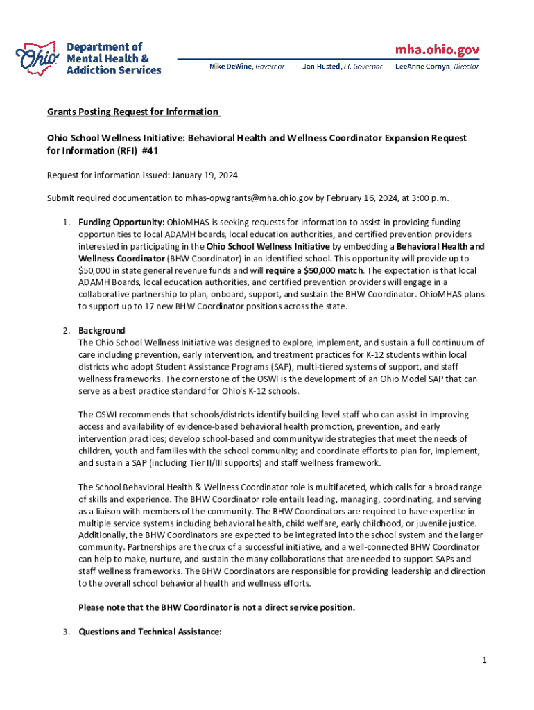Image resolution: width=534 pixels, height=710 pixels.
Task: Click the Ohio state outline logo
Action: (x=38, y=58)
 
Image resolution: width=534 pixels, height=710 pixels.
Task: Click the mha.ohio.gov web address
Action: (x=437, y=50)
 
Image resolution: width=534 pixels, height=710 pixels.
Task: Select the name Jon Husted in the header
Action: (x=321, y=67)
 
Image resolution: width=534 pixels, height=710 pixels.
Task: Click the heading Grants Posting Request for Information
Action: (x=132, y=112)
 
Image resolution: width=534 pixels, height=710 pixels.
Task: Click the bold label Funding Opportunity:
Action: (x=121, y=222)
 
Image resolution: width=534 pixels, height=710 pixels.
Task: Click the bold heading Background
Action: (x=102, y=330)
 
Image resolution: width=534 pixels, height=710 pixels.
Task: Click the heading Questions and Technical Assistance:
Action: (x=150, y=632)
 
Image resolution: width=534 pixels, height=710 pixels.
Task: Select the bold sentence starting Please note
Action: (x=216, y=607)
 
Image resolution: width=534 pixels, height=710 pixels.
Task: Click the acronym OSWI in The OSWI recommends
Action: (x=107, y=415)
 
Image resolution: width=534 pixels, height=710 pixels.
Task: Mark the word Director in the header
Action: (x=466, y=67)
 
